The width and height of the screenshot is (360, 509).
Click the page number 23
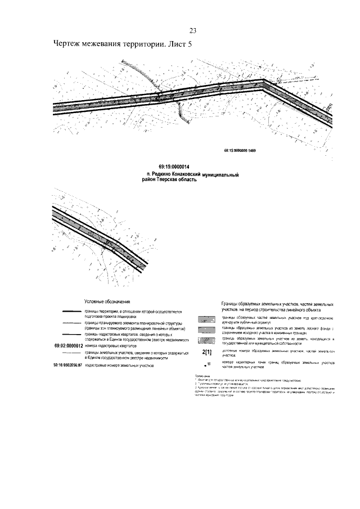(192, 31)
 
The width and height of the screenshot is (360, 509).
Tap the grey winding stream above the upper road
(135, 71)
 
